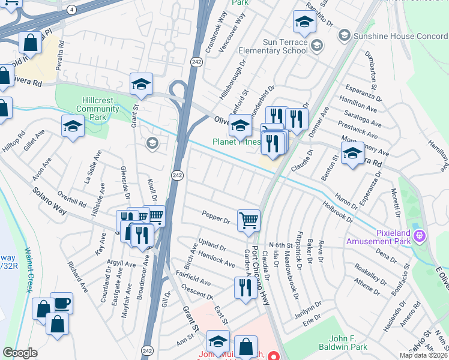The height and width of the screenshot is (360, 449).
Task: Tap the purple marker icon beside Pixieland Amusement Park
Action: (420, 236)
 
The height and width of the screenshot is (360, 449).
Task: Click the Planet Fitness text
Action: (236, 142)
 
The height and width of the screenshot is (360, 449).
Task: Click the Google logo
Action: (20, 353)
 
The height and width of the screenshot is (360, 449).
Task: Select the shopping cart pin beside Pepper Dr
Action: (249, 220)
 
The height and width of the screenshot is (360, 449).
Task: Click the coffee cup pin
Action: (61, 303)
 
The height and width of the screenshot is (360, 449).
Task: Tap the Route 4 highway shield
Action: (71, 10)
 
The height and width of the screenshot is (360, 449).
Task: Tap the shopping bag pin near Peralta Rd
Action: (29, 43)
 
